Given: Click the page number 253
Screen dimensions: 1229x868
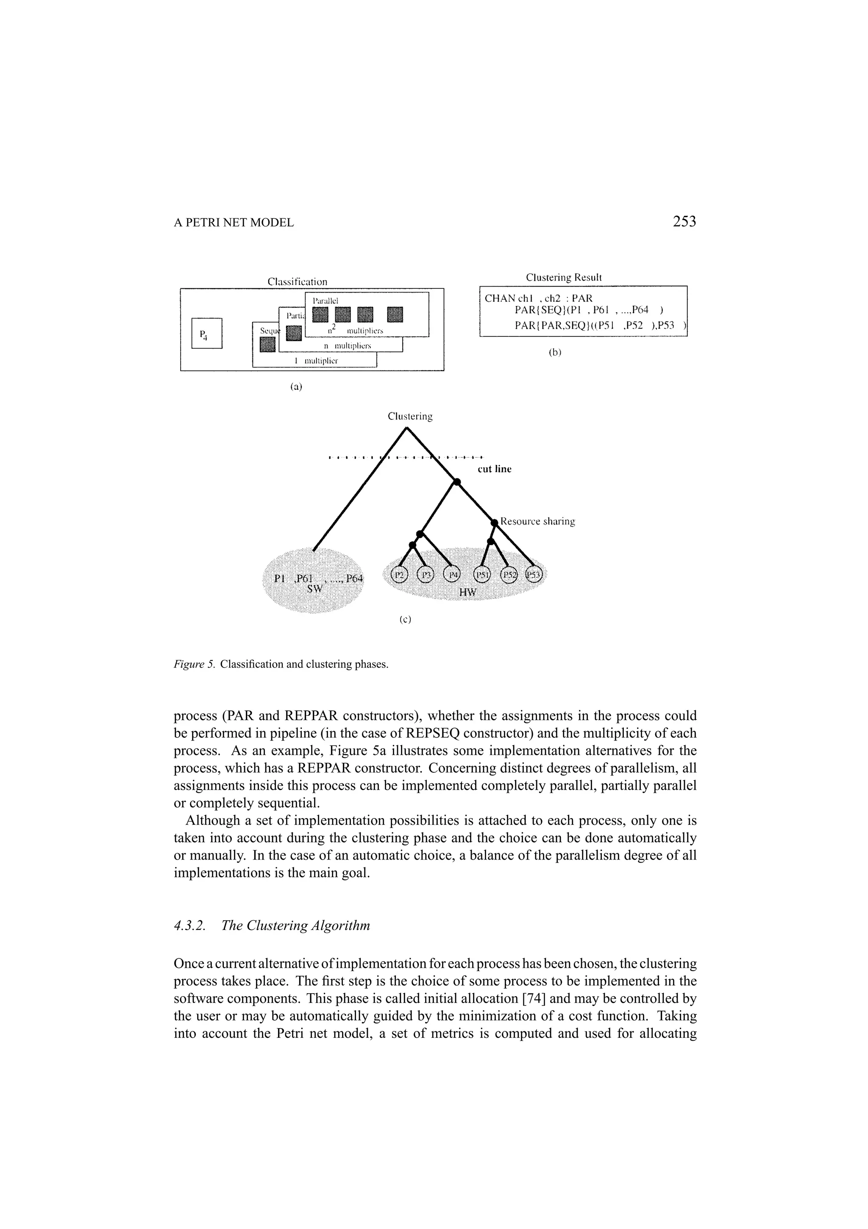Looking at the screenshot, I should click(x=684, y=222).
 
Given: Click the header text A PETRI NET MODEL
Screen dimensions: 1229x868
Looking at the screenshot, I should click(x=234, y=223).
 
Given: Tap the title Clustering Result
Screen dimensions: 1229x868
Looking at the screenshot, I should click(x=564, y=277).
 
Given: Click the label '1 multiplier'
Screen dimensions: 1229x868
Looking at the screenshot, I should click(x=315, y=361).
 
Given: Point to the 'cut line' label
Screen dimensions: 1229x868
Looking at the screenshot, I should click(x=494, y=469).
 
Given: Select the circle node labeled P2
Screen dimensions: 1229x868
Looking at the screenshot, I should click(x=399, y=575).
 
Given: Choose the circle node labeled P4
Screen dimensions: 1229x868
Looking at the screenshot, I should click(x=453, y=575).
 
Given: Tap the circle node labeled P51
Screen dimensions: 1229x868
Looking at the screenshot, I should click(x=482, y=575).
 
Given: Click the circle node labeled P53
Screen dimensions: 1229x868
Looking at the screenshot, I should click(x=533, y=575).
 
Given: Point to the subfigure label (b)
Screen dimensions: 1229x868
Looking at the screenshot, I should click(x=555, y=353).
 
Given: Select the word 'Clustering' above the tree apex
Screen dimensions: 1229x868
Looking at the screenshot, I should click(x=410, y=416).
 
